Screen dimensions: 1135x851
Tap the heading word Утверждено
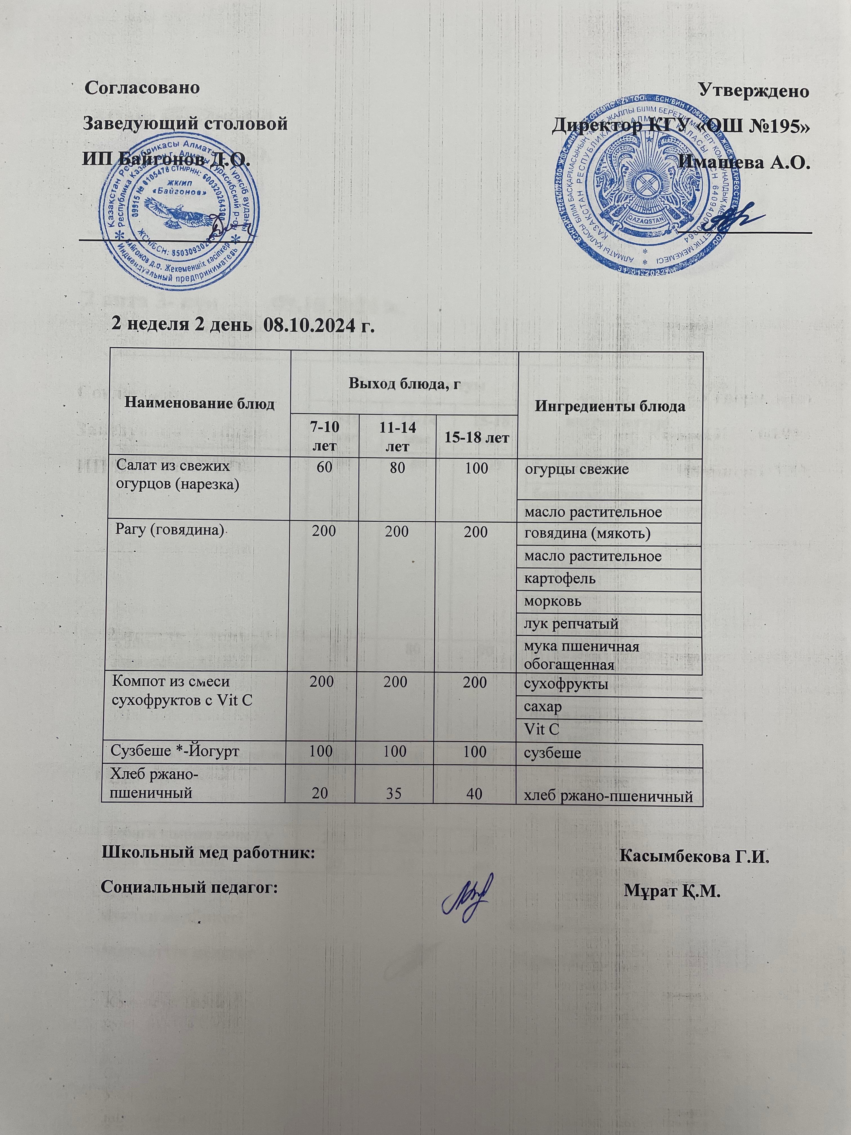coord(754,91)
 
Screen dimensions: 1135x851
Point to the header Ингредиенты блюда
coord(610,406)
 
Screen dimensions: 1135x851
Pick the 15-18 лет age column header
coord(476,438)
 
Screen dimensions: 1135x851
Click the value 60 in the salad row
coord(324,468)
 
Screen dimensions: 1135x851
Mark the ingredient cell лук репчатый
coord(571,624)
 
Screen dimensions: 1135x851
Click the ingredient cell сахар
coord(543,707)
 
